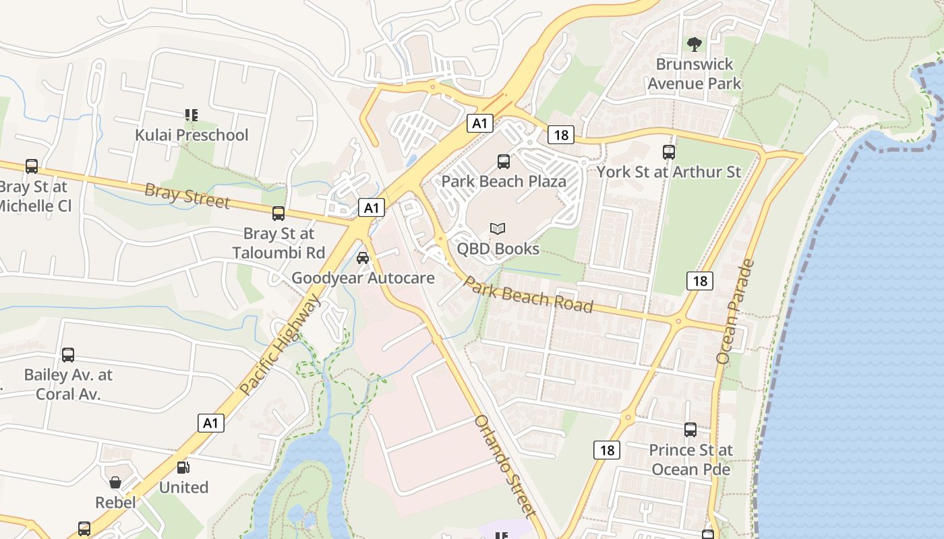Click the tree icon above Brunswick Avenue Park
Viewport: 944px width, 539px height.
694,44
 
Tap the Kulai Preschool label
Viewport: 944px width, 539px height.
191,135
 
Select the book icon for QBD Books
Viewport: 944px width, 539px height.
498,229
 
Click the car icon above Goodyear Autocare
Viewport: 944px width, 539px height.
363,257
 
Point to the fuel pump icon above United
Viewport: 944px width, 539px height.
183,468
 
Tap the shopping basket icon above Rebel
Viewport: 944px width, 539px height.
115,482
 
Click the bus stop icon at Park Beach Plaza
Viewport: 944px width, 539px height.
504,161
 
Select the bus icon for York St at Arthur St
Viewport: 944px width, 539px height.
669,152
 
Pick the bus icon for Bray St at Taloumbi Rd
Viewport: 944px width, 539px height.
278,214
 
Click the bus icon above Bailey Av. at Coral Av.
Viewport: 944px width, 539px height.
68,354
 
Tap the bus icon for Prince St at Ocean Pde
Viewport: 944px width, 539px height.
690,429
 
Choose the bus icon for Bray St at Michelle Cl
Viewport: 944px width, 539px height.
32,166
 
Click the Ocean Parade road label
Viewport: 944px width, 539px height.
735,312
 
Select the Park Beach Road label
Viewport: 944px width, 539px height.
529,295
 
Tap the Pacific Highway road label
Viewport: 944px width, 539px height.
278,346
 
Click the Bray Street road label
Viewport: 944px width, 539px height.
187,195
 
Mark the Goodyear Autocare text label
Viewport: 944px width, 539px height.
363,278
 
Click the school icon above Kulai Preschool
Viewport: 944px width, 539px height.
191,115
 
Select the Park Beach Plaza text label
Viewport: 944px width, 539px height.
504,181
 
